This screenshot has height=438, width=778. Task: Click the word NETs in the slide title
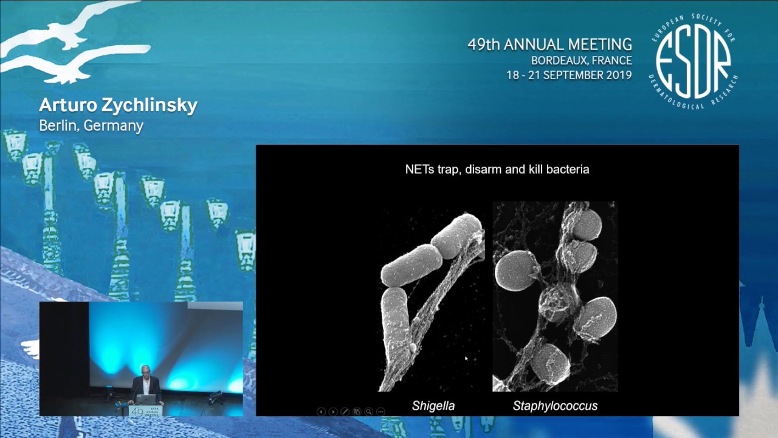[x=419, y=169]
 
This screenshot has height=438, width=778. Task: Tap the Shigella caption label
[x=433, y=406]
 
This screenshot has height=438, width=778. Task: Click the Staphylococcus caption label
[x=555, y=406]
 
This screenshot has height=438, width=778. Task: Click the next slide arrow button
[x=333, y=412]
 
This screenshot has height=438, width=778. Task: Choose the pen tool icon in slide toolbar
[x=345, y=412]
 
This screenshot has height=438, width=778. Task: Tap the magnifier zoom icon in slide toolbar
[x=368, y=412]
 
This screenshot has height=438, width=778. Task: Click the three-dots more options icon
[x=380, y=412]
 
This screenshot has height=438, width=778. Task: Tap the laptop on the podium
[x=146, y=399]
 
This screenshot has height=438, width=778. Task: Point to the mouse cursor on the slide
[x=466, y=360]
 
